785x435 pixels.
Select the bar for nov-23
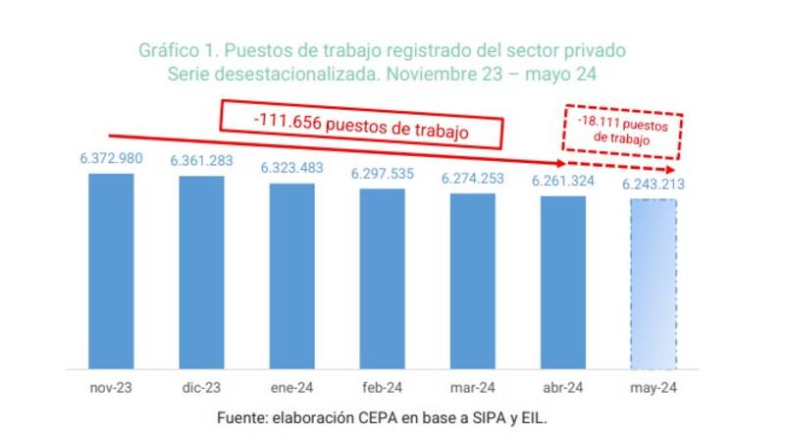pyautogui.click(x=111, y=270)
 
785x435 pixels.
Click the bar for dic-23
pyautogui.click(x=201, y=272)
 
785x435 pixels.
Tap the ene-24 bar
pyautogui.click(x=291, y=275)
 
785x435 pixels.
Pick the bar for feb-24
pyautogui.click(x=382, y=278)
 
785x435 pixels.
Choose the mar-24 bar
pyautogui.click(x=472, y=281)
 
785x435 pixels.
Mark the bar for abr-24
pyautogui.click(x=562, y=282)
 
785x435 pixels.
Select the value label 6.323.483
pyautogui.click(x=292, y=168)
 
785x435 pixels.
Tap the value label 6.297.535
pyautogui.click(x=383, y=174)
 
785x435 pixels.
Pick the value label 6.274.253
pyautogui.click(x=473, y=178)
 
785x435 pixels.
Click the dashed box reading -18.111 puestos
pyautogui.click(x=625, y=132)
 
